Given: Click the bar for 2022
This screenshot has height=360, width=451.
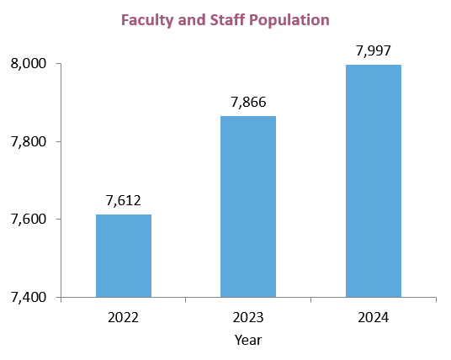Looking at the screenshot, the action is pyautogui.click(x=124, y=256).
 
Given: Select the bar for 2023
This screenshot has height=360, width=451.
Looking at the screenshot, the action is pyautogui.click(x=248, y=206).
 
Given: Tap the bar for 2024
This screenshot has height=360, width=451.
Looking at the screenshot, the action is pyautogui.click(x=374, y=181).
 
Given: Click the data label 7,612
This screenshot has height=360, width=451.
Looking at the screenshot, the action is pyautogui.click(x=124, y=200).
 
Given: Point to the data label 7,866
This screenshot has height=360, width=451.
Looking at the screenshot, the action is pyautogui.click(x=248, y=102).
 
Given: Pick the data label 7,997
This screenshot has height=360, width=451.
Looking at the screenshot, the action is pyautogui.click(x=374, y=51).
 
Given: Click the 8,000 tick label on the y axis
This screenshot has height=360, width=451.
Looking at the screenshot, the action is pyautogui.click(x=29, y=63).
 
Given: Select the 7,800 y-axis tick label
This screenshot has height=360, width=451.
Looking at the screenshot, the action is pyautogui.click(x=29, y=141).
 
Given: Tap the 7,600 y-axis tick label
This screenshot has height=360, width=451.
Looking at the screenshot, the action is pyautogui.click(x=29, y=219).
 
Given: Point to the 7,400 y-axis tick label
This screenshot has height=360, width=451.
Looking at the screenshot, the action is pyautogui.click(x=29, y=297).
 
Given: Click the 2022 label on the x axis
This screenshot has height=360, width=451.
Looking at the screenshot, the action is pyautogui.click(x=123, y=318).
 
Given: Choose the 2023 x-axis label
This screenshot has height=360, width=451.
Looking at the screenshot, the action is pyautogui.click(x=248, y=318).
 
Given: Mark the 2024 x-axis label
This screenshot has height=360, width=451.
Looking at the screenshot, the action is pyautogui.click(x=374, y=318).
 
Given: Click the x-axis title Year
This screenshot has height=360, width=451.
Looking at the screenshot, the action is pyautogui.click(x=248, y=340).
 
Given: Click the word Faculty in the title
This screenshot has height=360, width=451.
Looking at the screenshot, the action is pyautogui.click(x=147, y=20).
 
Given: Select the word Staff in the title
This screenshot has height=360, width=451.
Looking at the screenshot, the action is pyautogui.click(x=227, y=19).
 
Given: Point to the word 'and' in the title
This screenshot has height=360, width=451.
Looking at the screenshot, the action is pyautogui.click(x=192, y=19).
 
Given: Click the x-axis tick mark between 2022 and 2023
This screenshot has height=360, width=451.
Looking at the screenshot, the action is pyautogui.click(x=186, y=299).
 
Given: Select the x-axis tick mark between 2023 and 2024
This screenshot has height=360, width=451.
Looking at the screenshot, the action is pyautogui.click(x=311, y=299).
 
